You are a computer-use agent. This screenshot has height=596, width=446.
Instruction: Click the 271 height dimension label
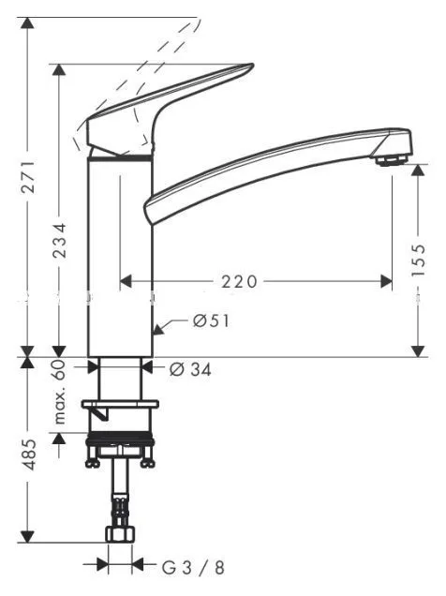28,177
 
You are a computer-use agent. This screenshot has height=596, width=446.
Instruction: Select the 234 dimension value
59,241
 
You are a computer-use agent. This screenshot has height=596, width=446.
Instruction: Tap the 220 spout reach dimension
239,282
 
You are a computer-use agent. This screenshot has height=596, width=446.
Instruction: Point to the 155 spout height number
418,260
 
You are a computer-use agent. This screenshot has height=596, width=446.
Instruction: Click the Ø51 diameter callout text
211,321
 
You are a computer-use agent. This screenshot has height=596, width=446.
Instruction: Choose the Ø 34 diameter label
190,368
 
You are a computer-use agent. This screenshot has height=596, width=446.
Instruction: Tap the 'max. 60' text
59,392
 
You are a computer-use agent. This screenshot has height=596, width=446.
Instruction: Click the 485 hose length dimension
28,454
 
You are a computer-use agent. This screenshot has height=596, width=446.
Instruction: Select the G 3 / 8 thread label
193,568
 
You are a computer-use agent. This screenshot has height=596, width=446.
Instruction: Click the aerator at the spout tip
391,159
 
